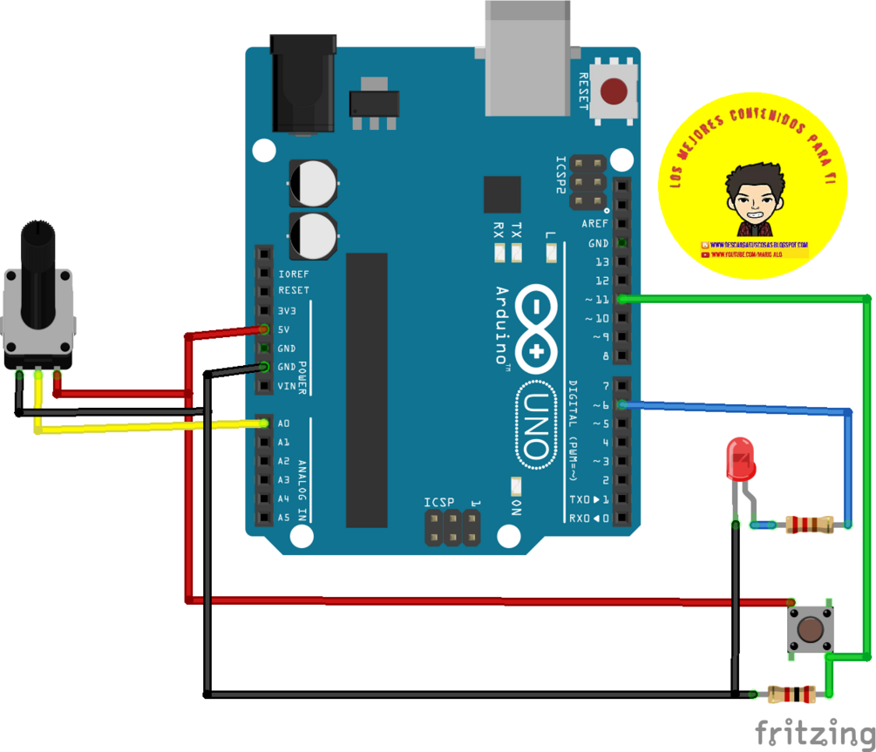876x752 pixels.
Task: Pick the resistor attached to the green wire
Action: pyautogui.click(x=791, y=694)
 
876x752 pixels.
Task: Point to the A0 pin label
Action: pyautogui.click(x=284, y=423)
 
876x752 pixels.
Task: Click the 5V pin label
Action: pyautogui.click(x=283, y=329)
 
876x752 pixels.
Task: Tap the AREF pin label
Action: pyautogui.click(x=594, y=224)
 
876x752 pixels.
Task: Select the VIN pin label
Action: pyautogui.click(x=286, y=386)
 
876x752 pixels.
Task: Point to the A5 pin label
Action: pyautogui.click(x=284, y=518)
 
